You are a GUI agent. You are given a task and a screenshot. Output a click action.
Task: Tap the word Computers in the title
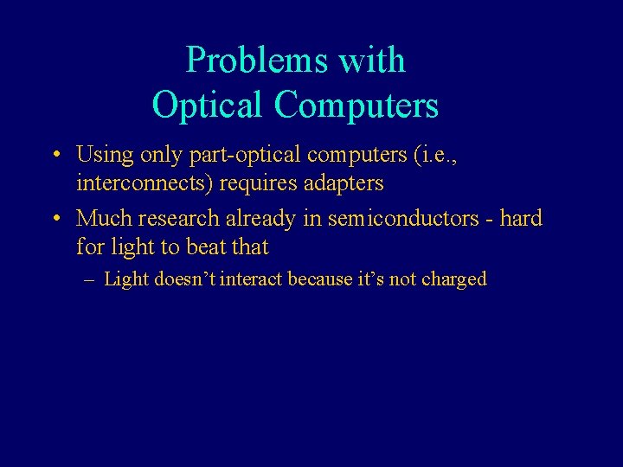356,106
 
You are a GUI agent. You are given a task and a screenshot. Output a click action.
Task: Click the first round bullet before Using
55,157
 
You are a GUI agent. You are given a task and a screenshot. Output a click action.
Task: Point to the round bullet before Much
55,220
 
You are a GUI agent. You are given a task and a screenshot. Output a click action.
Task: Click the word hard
521,219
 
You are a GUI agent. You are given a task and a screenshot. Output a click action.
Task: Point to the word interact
252,279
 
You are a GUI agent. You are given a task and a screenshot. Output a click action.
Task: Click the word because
320,279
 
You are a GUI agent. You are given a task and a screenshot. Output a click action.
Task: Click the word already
263,219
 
